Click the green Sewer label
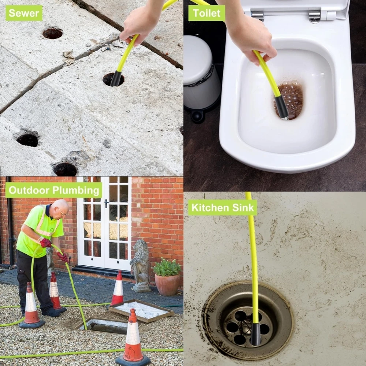(x=24, y=13)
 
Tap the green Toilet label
(x=206, y=13)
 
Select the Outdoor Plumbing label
(x=54, y=190)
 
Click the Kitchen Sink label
(x=223, y=208)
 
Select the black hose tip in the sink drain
(x=255, y=334)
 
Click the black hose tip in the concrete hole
(x=116, y=79)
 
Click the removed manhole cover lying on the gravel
(x=141, y=310)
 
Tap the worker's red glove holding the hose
(x=45, y=243)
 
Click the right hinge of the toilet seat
(x=314, y=17)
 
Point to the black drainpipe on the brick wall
(x=11, y=222)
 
